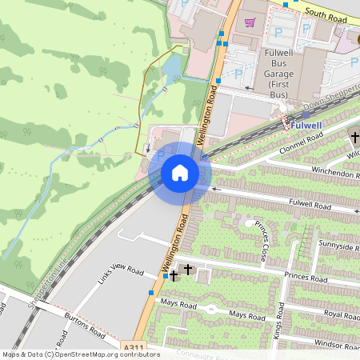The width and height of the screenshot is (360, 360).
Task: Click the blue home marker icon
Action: point(180,173)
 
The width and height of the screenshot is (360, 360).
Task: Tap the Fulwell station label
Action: point(306,126)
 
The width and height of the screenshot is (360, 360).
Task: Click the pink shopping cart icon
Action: point(250,22)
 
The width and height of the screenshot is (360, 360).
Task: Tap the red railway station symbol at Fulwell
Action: point(286,124)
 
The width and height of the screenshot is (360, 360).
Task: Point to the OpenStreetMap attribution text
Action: point(81,354)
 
